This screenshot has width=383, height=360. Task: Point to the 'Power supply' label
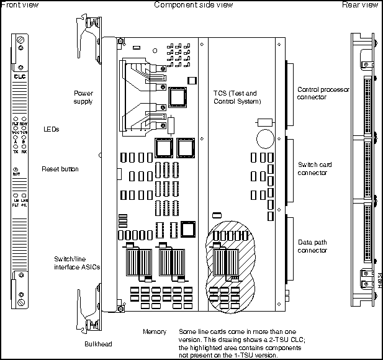[83, 97]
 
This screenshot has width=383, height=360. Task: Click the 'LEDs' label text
[52, 129]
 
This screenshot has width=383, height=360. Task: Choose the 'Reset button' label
[60, 169]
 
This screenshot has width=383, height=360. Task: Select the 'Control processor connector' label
[323, 93]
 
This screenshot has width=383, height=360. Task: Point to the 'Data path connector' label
[312, 246]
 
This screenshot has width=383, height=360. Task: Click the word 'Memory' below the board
[154, 331]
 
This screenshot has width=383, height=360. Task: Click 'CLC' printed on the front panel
[19, 78]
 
